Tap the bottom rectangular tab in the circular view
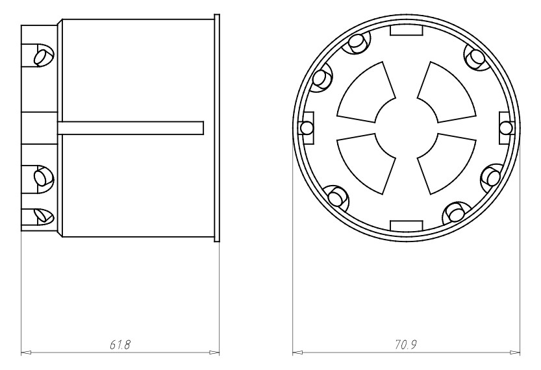pos(406,225)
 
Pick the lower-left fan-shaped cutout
pos(365,162)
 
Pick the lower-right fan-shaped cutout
pos(447,162)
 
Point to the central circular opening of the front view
pos(406,127)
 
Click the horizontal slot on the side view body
pos(130,127)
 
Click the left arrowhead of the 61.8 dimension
pos(25,353)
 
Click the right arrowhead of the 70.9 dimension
pos(517,353)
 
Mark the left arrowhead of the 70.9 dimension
pos(296,353)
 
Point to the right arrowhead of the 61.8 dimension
pos(215,353)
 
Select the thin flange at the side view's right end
pos(218,127)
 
